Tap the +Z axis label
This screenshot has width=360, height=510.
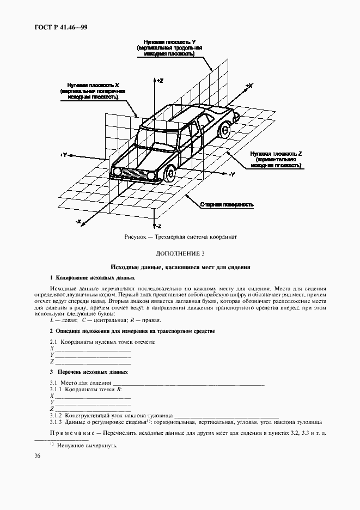[x=160, y=80]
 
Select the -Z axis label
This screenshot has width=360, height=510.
[x=159, y=225]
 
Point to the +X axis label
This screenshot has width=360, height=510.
[x=249, y=86]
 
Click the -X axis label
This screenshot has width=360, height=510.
[x=78, y=222]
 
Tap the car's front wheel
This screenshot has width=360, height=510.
[x=169, y=174]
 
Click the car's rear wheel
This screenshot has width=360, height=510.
[x=223, y=130]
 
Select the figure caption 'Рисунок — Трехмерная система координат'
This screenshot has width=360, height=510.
[x=180, y=238]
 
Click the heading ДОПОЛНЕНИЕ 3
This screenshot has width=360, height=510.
[x=180, y=254]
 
